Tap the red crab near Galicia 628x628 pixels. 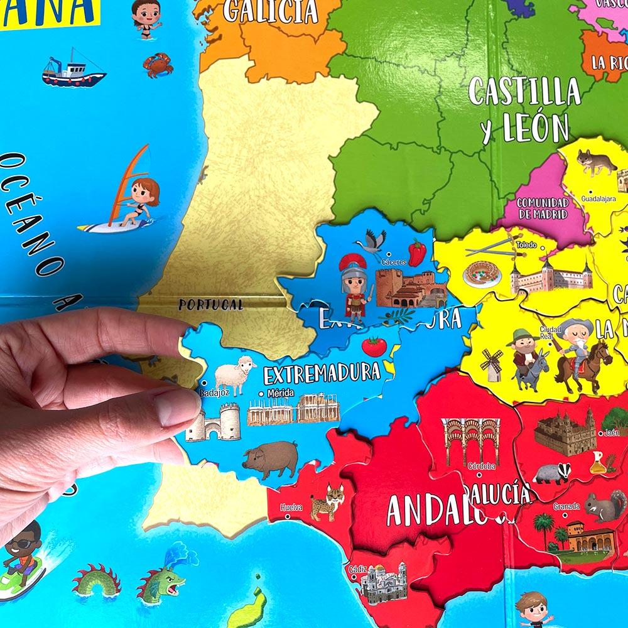158,64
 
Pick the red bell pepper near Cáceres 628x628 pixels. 417,252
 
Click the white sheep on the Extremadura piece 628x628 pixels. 235,375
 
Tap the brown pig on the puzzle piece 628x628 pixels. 271,458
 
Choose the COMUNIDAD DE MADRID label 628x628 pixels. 543,208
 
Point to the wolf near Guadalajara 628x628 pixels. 596,162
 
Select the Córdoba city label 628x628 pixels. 482,467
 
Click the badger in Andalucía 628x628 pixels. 551,473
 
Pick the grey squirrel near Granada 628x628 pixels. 605,506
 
